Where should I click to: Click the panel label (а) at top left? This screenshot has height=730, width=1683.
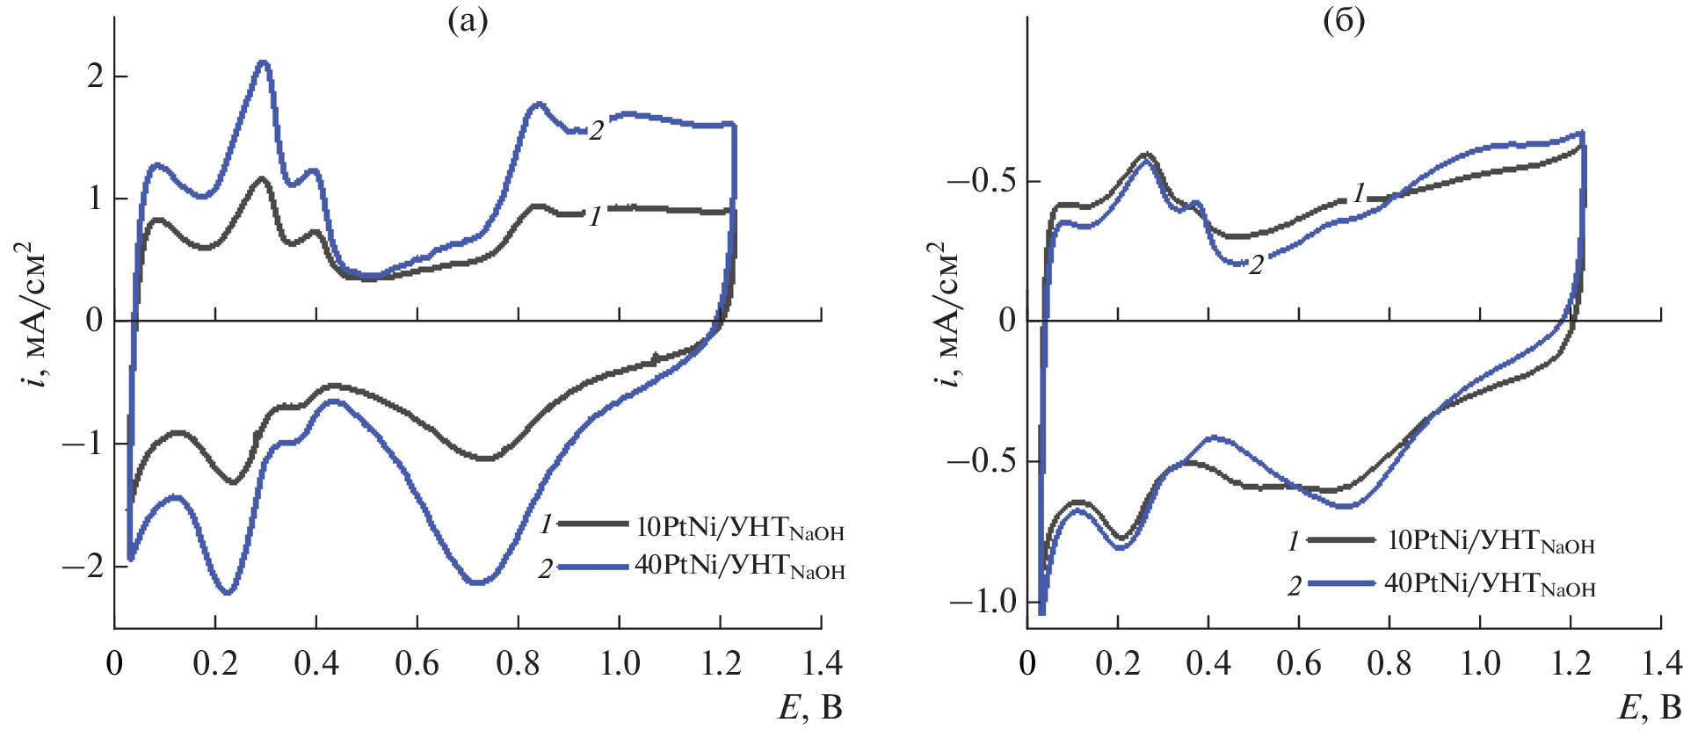pyautogui.click(x=467, y=20)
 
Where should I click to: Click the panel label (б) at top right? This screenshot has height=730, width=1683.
pyautogui.click(x=1344, y=20)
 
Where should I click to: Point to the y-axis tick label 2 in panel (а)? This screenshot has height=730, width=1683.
pyautogui.click(x=95, y=76)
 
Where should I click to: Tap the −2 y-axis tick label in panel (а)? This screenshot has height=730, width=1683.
pyautogui.click(x=83, y=566)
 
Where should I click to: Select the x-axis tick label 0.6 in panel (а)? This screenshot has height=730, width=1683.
pyautogui.click(x=417, y=663)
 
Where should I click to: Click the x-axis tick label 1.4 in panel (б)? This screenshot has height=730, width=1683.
pyautogui.click(x=1659, y=663)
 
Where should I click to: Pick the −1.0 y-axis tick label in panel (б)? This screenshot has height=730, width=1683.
pyautogui.click(x=981, y=602)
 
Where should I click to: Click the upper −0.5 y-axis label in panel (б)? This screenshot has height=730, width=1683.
pyautogui.click(x=981, y=182)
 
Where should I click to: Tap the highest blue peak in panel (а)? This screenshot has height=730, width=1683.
pyautogui.click(x=263, y=62)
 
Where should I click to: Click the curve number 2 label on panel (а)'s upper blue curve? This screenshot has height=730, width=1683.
pyautogui.click(x=596, y=131)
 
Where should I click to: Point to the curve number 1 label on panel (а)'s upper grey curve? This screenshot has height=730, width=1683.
pyautogui.click(x=595, y=215)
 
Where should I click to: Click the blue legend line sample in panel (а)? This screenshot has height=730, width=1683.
pyautogui.click(x=593, y=567)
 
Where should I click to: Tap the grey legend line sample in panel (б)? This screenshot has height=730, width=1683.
pyautogui.click(x=1341, y=539)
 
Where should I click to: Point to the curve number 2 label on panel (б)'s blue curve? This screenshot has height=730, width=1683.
pyautogui.click(x=1256, y=264)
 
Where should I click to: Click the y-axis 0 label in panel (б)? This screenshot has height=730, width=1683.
pyautogui.click(x=1007, y=321)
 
